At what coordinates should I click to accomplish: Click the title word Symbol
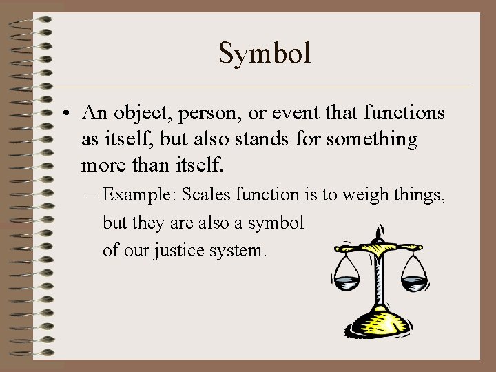(265, 53)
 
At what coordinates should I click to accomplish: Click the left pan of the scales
(347, 280)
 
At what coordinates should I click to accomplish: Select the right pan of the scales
(414, 280)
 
